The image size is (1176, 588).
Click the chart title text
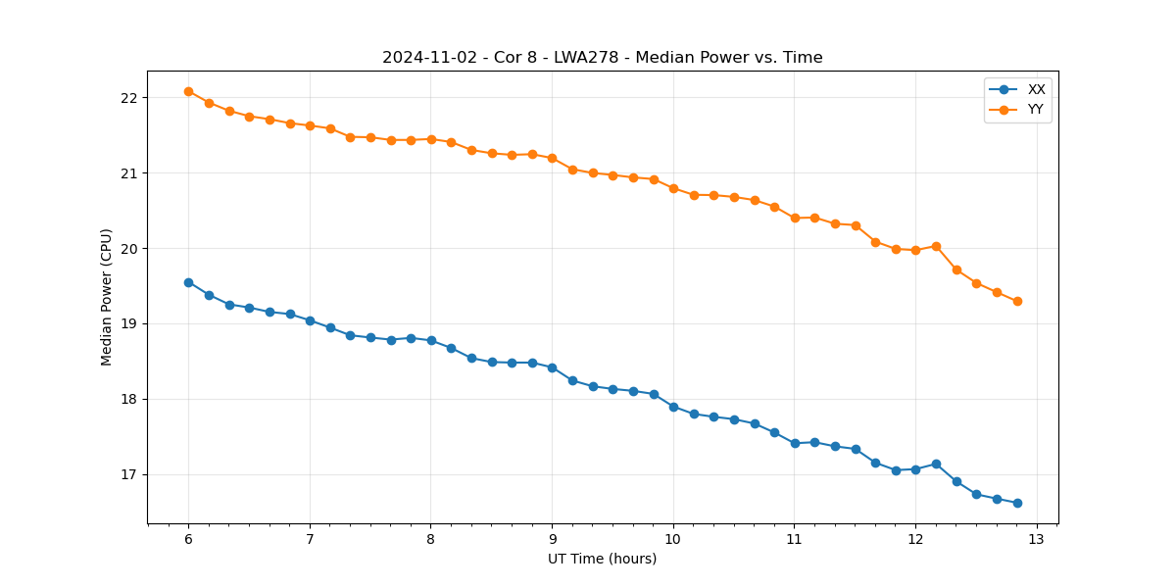602,58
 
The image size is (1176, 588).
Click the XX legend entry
1036,89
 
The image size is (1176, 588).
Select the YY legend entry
1035,110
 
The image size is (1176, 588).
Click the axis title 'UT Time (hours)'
602,560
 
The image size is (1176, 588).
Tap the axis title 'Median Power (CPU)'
107,297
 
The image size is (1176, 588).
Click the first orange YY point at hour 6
188,91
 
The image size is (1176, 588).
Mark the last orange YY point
1017,301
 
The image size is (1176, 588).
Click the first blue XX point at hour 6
188,282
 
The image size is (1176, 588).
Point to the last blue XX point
1017,503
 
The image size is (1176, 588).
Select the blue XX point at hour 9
552,367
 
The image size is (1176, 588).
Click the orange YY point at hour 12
915,250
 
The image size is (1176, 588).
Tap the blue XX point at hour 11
795,443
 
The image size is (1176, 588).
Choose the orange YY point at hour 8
431,139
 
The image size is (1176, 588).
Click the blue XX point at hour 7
310,320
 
